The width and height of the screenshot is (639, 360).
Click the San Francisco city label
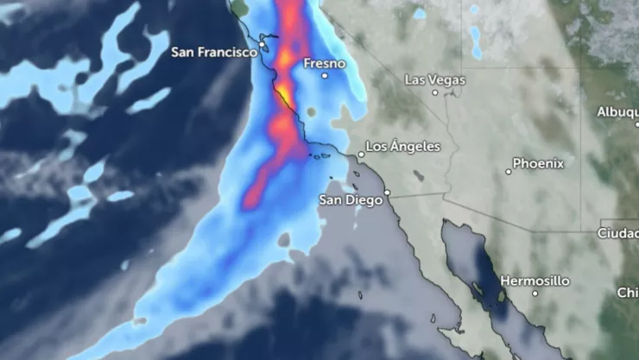coord(214,52)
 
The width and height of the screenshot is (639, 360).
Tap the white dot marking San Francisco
coord(263,44)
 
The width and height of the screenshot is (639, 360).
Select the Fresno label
coord(325,64)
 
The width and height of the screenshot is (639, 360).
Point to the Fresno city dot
coord(325,76)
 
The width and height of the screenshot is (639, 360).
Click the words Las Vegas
coord(435,80)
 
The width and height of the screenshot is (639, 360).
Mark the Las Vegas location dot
coord(435,92)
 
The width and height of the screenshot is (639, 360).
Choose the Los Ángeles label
coord(403,147)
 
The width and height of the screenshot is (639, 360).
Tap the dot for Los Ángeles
coord(361,155)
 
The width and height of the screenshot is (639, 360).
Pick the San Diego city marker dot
coord(388,193)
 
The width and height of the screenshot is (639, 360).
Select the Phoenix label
coord(538,162)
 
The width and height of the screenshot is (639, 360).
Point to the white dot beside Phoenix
coord(509,172)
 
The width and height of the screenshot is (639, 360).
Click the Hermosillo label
coord(535,281)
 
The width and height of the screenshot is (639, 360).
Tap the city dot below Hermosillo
coord(535,294)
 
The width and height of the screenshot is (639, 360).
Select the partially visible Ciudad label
coord(618,233)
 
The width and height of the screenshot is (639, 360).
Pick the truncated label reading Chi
coord(628,294)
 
